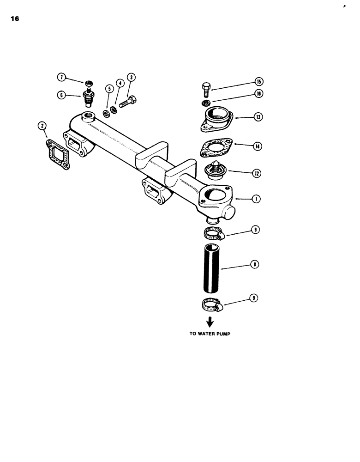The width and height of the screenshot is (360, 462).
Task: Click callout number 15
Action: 258,82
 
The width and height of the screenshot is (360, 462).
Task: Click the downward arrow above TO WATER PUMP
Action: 210,322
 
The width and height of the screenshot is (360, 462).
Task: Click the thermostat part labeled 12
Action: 214,172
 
